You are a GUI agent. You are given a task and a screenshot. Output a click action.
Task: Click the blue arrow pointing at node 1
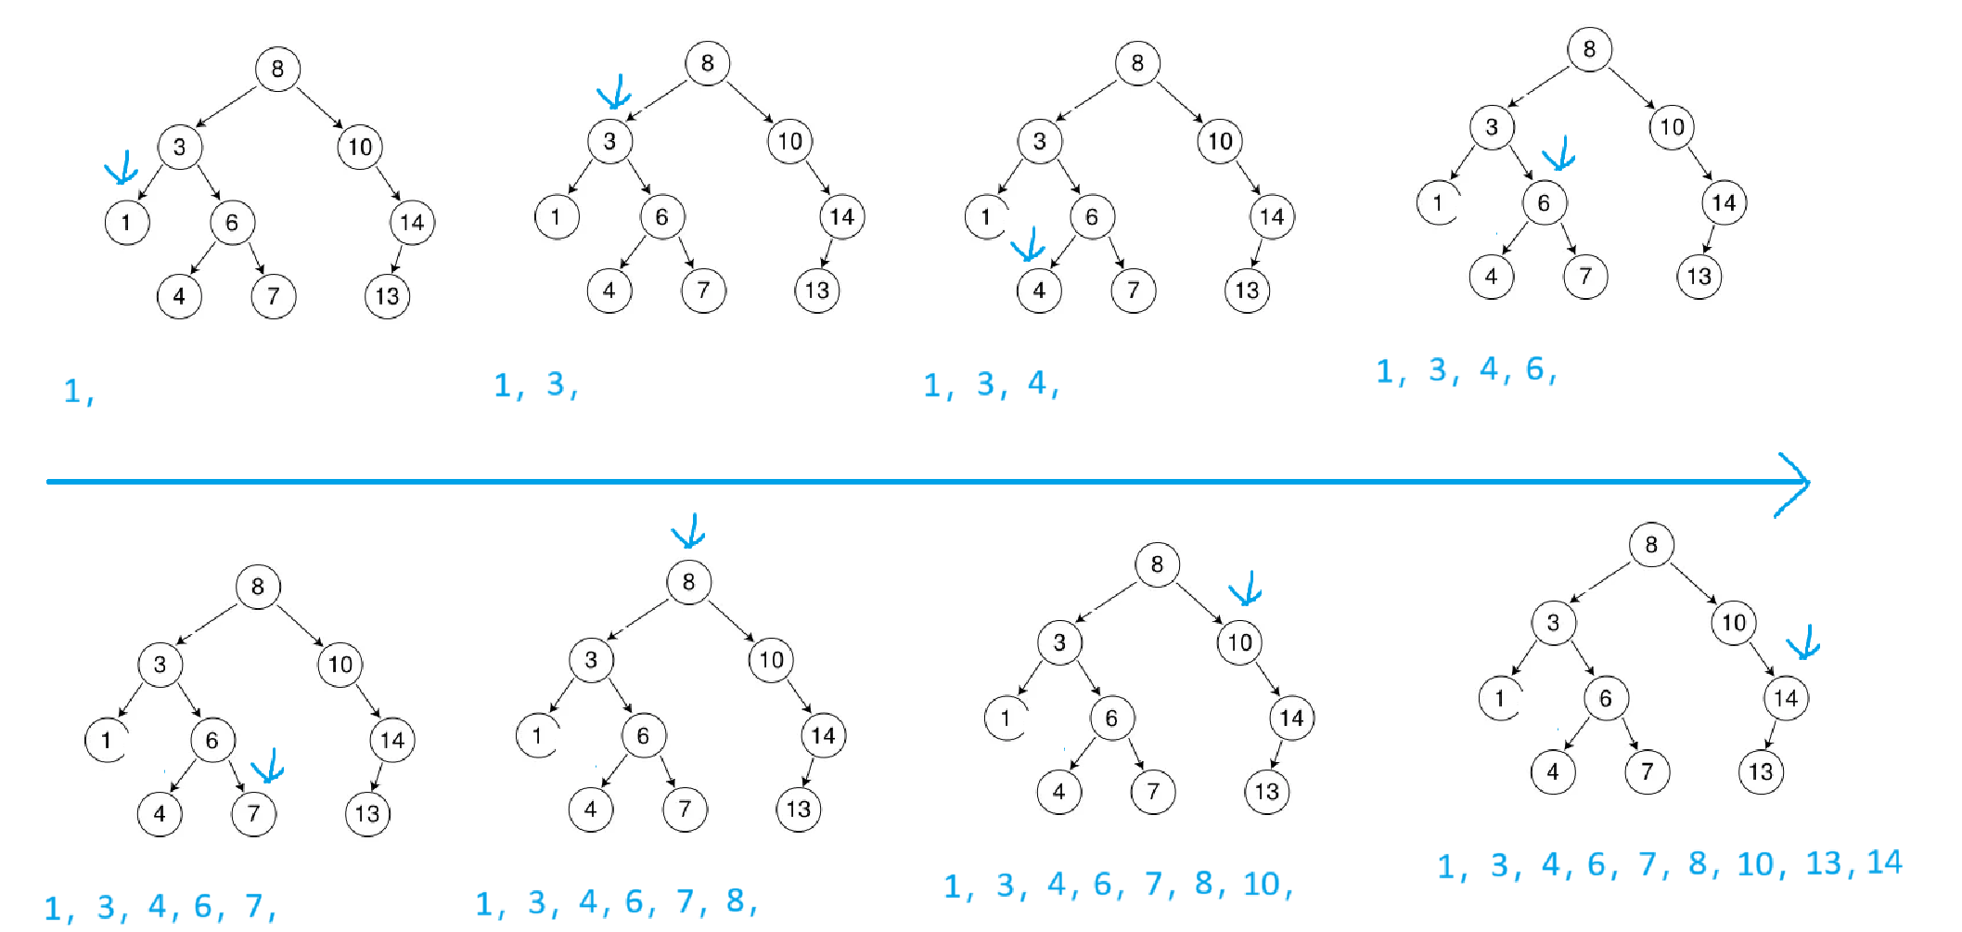[122, 168]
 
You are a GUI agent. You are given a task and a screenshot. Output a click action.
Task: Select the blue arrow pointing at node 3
[614, 94]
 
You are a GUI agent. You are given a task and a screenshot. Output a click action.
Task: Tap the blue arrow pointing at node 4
[1028, 246]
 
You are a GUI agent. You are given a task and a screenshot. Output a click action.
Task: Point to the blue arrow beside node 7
[267, 767]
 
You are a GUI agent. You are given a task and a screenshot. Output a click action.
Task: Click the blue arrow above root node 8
[688, 532]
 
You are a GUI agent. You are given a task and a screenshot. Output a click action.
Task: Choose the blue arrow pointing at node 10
[1245, 589]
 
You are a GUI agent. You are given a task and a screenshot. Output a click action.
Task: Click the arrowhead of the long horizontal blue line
[1795, 483]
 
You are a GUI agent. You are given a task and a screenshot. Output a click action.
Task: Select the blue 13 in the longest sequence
[1824, 863]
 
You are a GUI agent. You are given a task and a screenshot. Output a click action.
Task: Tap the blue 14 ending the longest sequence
[1884, 862]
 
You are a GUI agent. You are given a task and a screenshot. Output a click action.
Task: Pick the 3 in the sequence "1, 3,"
[556, 383]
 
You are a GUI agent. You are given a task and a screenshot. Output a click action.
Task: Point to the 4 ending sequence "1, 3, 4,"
[1037, 382]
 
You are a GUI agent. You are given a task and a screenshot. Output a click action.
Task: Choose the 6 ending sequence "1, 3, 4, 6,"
[1535, 369]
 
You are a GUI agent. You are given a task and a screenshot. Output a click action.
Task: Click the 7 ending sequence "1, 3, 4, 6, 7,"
[254, 905]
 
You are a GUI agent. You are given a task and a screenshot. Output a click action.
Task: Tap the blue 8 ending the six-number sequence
[736, 900]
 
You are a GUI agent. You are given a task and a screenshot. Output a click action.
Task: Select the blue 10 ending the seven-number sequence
[1262, 884]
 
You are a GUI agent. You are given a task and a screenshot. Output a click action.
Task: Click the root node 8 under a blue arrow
[688, 582]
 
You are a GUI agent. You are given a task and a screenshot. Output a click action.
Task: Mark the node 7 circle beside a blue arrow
[253, 814]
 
